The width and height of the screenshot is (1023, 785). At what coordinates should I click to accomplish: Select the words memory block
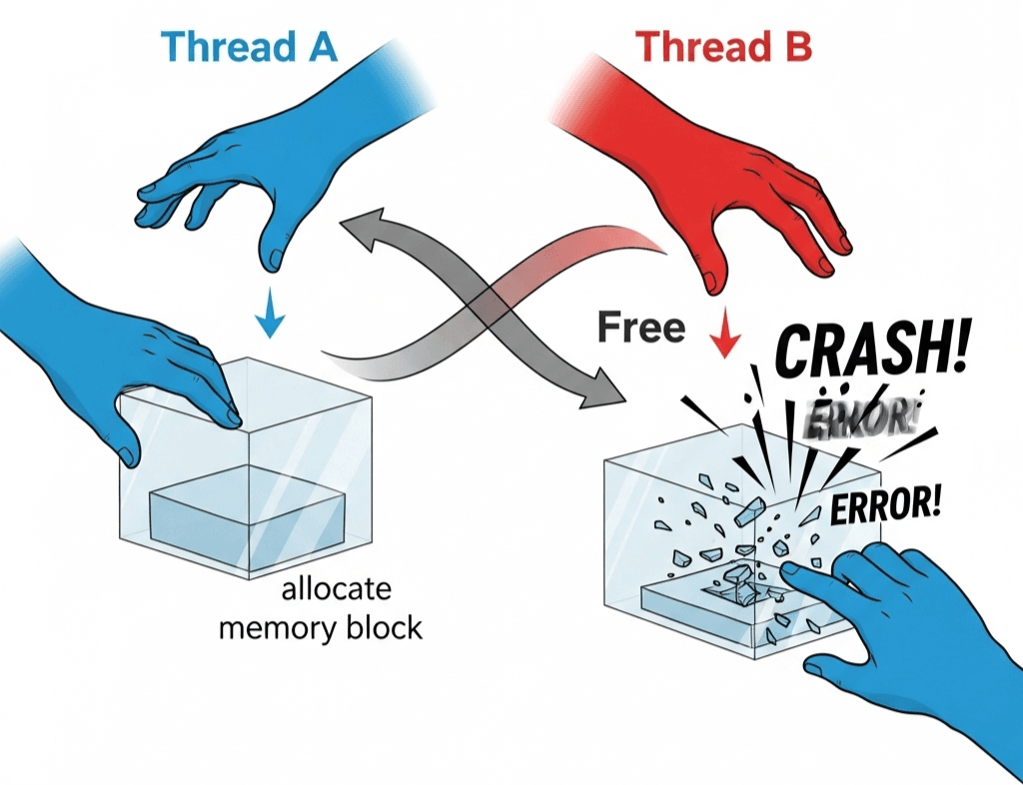click(320, 628)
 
